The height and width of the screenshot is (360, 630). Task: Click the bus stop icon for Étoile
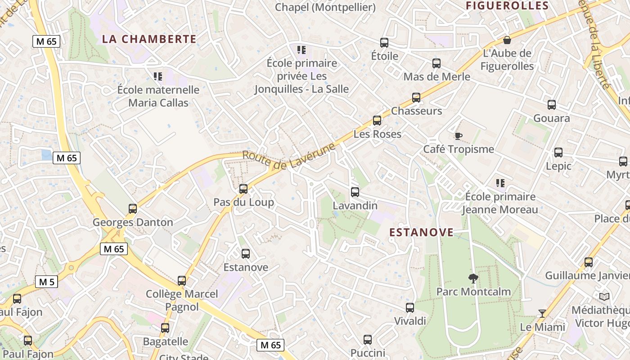[x=384, y=43]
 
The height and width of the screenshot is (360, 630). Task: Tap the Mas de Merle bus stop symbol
[x=436, y=63]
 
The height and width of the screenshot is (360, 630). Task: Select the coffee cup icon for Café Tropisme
[x=458, y=135]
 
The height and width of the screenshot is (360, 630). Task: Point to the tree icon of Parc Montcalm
[x=473, y=279]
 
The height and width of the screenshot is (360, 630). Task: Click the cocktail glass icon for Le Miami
[x=542, y=313]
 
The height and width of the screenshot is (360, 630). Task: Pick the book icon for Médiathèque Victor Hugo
[x=604, y=297]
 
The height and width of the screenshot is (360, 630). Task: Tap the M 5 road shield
[x=47, y=282]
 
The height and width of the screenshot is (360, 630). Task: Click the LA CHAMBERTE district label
[x=149, y=39]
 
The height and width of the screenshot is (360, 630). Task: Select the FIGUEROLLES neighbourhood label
[x=507, y=6]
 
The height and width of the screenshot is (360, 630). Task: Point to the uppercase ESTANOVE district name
[x=421, y=232]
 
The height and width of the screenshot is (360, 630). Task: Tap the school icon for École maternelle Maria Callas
[x=157, y=76]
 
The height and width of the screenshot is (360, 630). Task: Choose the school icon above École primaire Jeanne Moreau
[x=500, y=183]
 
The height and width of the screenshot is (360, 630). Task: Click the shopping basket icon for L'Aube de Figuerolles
[x=507, y=40]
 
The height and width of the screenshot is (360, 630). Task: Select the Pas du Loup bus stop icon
[x=243, y=189]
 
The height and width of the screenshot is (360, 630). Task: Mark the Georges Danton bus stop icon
[x=133, y=209]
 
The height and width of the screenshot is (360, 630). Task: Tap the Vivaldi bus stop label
[x=410, y=321]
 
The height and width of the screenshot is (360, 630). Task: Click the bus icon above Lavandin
[x=355, y=192]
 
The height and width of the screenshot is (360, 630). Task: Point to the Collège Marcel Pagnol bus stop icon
[x=182, y=281]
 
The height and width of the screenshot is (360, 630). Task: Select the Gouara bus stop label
[x=551, y=118]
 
